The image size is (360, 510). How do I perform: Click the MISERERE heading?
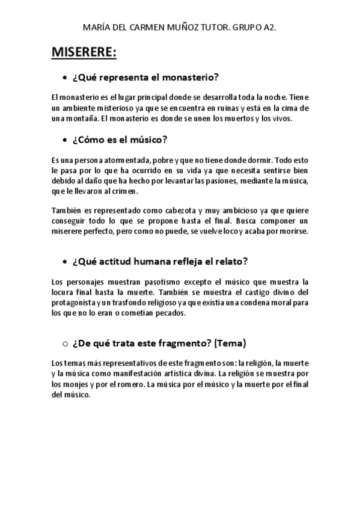click(x=84, y=53)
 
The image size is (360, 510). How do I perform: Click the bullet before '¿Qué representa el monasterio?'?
click(x=64, y=78)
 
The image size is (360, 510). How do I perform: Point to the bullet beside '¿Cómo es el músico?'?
click(x=64, y=140)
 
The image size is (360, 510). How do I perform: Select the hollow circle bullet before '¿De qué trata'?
click(x=64, y=343)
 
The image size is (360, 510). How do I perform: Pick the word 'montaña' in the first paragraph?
click(x=78, y=118)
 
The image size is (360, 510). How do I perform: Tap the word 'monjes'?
click(x=76, y=384)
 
